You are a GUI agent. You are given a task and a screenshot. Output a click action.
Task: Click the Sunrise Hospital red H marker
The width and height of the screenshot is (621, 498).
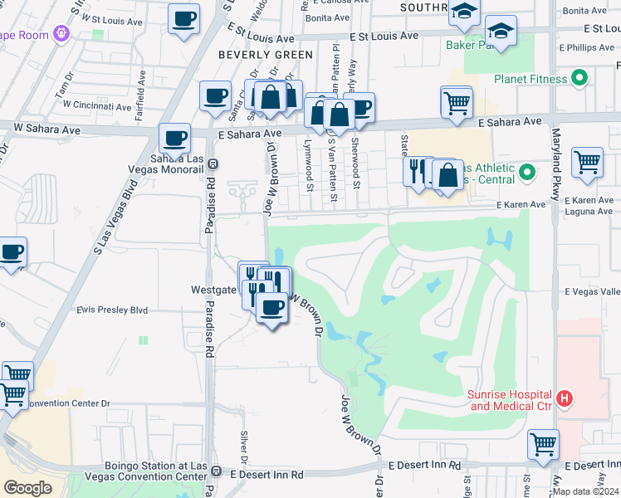[565, 398]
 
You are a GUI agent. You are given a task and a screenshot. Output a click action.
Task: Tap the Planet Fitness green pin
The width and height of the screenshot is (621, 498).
[580, 79]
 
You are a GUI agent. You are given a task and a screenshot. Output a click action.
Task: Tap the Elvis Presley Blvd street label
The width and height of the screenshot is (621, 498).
[111, 310]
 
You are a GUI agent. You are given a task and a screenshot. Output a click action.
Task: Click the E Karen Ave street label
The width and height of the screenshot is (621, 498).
[521, 204]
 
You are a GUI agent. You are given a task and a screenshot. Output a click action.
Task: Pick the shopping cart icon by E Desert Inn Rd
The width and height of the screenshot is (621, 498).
[543, 444]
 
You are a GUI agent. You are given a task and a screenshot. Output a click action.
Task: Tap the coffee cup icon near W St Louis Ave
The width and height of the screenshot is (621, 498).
[183, 17]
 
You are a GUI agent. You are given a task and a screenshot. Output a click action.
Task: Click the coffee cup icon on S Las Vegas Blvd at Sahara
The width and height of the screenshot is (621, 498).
[174, 138]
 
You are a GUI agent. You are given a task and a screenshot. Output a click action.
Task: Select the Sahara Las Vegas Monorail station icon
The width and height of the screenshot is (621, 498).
[213, 164]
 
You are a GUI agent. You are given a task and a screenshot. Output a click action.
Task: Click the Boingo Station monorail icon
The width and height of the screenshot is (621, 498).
[216, 471]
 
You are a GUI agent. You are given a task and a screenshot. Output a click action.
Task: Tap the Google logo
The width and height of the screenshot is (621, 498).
[27, 488]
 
